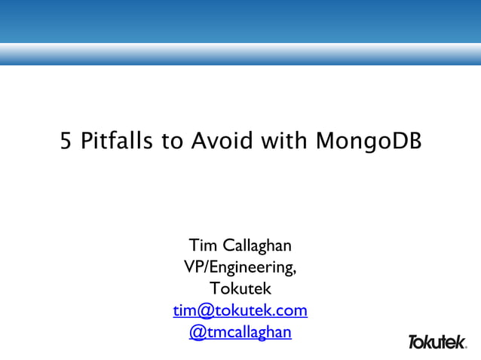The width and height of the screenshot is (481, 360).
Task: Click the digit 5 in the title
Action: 66,141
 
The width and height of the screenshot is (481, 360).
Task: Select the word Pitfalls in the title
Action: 112,141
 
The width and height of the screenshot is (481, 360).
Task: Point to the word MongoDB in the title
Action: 365,141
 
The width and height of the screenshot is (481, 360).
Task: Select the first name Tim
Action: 203,246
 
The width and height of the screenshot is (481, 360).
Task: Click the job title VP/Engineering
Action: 240,267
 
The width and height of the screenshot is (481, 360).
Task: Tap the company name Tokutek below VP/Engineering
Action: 240,288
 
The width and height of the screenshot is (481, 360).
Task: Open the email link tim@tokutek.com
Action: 240,310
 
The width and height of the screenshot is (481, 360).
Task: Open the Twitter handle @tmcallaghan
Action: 240,332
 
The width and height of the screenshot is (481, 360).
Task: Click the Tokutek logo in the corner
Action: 437,342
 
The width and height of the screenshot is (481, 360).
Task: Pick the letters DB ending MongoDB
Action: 406,141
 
